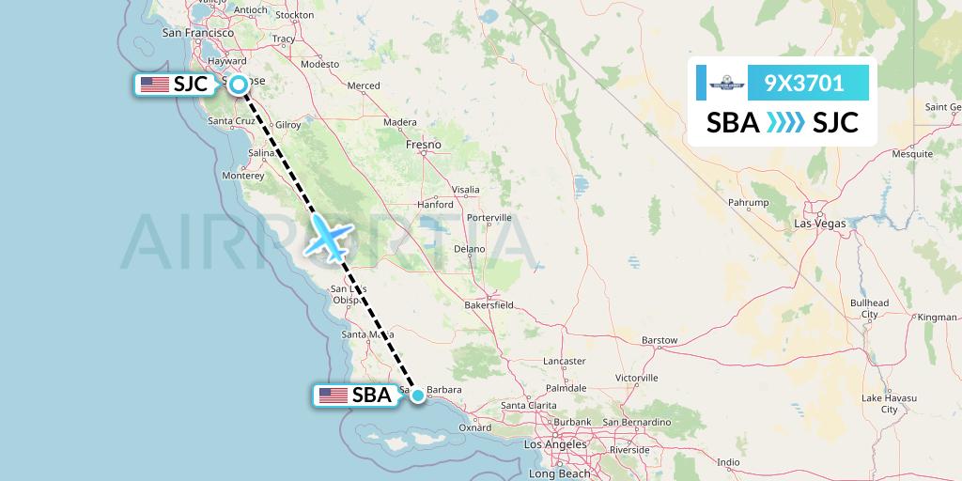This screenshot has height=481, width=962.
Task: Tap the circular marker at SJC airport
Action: pos(239,85)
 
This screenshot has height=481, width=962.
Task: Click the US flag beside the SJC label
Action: pos(154,85)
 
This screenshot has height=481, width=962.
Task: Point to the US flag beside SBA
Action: pos(333,396)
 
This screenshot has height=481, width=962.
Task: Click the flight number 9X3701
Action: pos(803,84)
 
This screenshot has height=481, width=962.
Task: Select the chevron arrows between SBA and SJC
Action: pos(785,122)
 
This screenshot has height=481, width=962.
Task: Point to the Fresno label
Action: pos(424,145)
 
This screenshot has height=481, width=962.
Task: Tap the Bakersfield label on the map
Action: pos(489,305)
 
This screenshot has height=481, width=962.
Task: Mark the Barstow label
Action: pos(658,340)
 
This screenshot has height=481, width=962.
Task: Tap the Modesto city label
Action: pos(319,64)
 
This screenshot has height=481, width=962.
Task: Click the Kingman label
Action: pos(937,318)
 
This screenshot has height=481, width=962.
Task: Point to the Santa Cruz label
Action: pos(230,121)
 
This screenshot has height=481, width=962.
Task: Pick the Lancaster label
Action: pos(564,361)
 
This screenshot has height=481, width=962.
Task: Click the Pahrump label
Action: pos(749,203)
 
